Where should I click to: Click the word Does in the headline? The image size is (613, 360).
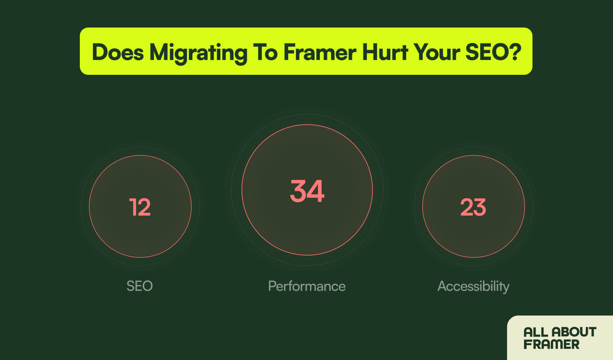tap(118, 52)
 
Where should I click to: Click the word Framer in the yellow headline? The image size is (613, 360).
tap(320, 52)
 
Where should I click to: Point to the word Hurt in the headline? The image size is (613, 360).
tap(385, 52)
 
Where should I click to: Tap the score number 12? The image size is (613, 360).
tap(140, 207)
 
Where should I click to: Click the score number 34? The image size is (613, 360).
tap(307, 191)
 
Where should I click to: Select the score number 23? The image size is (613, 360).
tap(473, 207)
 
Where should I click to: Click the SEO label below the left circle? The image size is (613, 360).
tap(139, 286)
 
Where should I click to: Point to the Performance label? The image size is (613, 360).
tap(306, 286)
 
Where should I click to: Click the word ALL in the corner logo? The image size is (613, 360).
tap(536, 332)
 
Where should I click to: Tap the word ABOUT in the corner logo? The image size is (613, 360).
tap(574, 332)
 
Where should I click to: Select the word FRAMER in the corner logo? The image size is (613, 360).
tap(552, 344)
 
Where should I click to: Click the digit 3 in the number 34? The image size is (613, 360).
tap(298, 191)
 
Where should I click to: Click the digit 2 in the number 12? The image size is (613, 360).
tap(144, 207)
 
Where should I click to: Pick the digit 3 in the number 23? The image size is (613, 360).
tap(480, 207)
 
